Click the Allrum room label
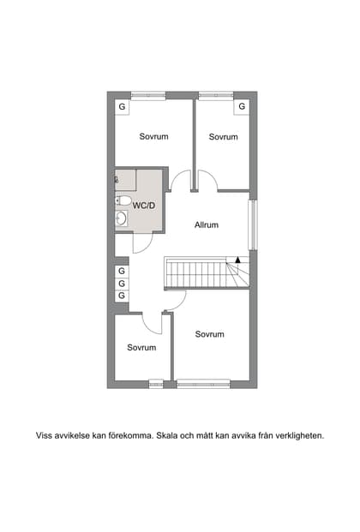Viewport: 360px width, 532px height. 207,225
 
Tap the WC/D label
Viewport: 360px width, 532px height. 143,206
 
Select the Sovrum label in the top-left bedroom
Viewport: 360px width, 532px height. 153,136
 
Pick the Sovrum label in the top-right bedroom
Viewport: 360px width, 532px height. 223,136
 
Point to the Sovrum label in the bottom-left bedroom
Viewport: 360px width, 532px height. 141,347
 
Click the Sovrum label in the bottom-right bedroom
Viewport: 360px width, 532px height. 209,334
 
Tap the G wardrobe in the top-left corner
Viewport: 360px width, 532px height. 122,106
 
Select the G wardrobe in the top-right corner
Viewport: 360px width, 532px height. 242,106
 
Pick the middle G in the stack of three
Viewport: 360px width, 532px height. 122,283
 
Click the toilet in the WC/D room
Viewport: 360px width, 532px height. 123,202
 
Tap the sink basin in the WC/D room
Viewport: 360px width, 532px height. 122,219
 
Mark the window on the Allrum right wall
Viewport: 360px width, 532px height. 252,225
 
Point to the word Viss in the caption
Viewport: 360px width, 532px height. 43,435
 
